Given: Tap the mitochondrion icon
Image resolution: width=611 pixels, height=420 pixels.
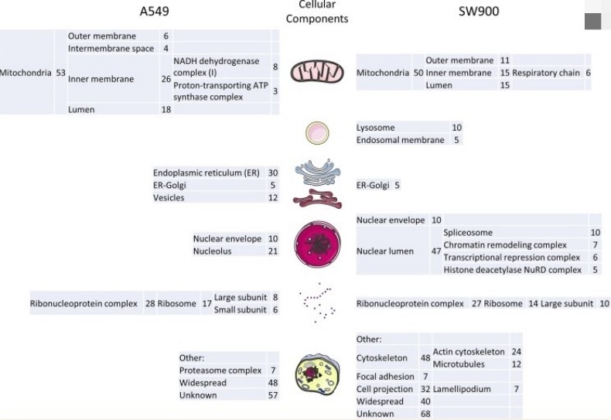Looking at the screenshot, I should pyautogui.click(x=316, y=73).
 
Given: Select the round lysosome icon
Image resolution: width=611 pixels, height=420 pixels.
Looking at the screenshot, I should pyautogui.click(x=317, y=132).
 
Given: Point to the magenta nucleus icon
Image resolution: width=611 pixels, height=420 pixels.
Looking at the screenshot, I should pyautogui.click(x=316, y=244).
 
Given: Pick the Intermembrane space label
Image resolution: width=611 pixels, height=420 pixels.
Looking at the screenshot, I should pyautogui.click(x=111, y=49).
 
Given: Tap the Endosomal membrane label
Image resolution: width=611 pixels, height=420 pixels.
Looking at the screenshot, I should pyautogui.click(x=400, y=140).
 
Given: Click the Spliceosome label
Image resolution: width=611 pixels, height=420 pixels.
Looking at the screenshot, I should pyautogui.click(x=468, y=232).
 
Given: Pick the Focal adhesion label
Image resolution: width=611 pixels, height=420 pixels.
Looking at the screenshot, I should pyautogui.click(x=387, y=376).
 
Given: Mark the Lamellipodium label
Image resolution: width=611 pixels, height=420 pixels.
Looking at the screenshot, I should pyautogui.click(x=462, y=389).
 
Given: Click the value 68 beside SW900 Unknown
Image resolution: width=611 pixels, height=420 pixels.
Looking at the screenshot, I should pyautogui.click(x=425, y=414).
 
